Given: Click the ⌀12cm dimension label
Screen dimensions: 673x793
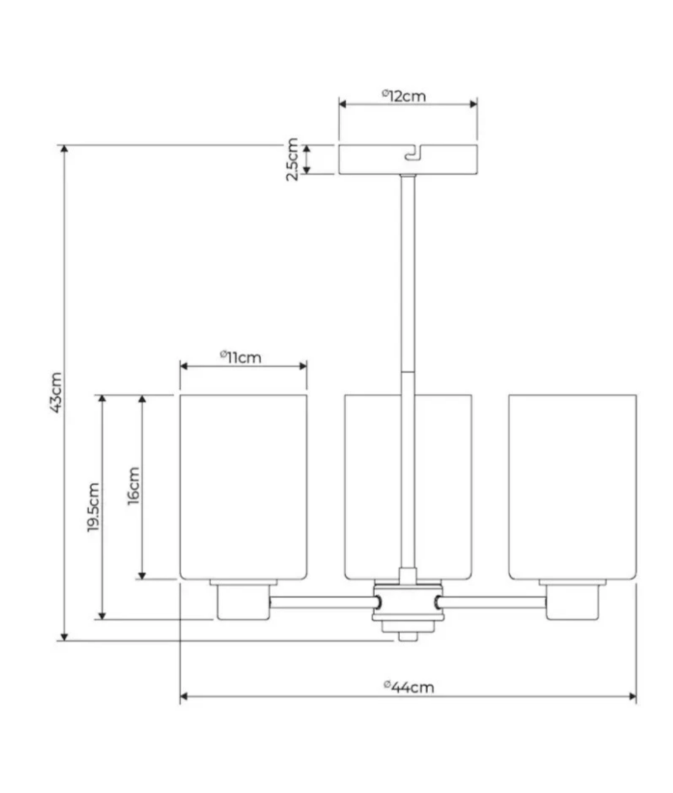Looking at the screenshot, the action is click(x=404, y=96).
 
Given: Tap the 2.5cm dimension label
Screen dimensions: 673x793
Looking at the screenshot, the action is click(x=292, y=159).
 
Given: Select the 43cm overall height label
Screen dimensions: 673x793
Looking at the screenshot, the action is click(x=55, y=393).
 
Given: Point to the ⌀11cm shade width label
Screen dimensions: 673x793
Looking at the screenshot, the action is click(x=241, y=358).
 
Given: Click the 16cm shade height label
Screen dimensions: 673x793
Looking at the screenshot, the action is click(x=133, y=486).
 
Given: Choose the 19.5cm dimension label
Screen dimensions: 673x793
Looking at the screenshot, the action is click(x=93, y=507).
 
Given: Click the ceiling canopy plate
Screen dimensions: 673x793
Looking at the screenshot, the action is click(x=408, y=159).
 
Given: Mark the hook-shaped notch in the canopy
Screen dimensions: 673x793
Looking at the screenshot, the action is click(x=414, y=152).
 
